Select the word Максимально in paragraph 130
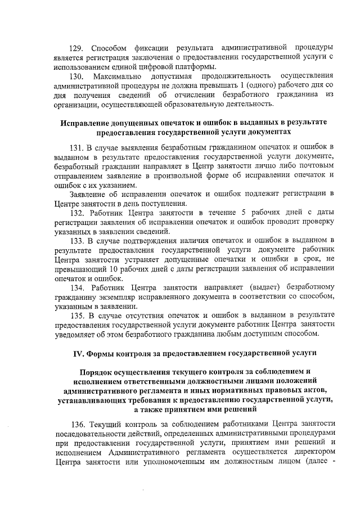click(118, 76)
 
